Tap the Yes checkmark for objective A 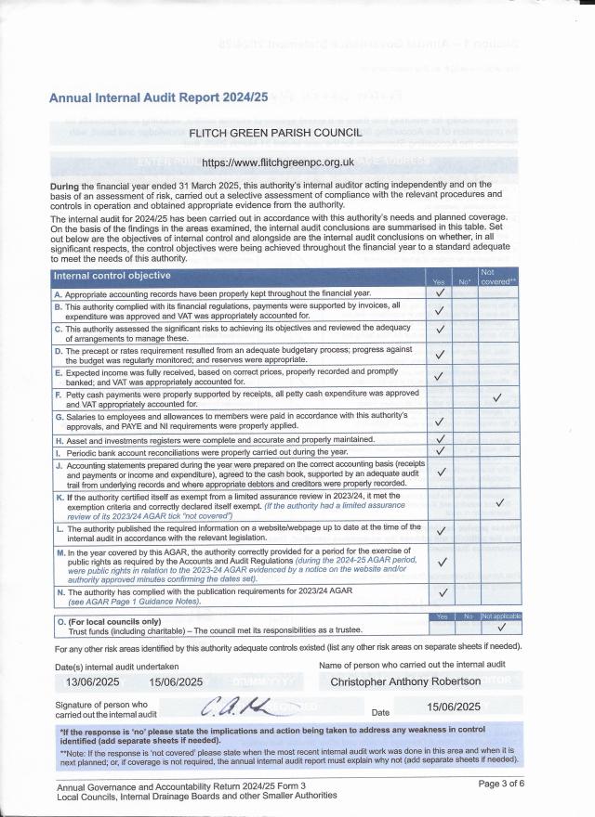point(440,292)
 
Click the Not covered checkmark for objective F point(497,398)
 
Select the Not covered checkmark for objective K point(500,503)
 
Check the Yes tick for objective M point(441,562)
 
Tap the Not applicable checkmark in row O point(500,627)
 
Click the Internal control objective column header point(112,276)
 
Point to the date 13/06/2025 point(92,681)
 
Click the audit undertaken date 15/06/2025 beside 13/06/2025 point(176,681)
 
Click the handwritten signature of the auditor point(237,710)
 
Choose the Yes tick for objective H point(441,439)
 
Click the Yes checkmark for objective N point(442,591)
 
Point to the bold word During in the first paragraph point(72,185)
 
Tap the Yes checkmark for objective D point(441,353)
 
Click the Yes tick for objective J point(441,472)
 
